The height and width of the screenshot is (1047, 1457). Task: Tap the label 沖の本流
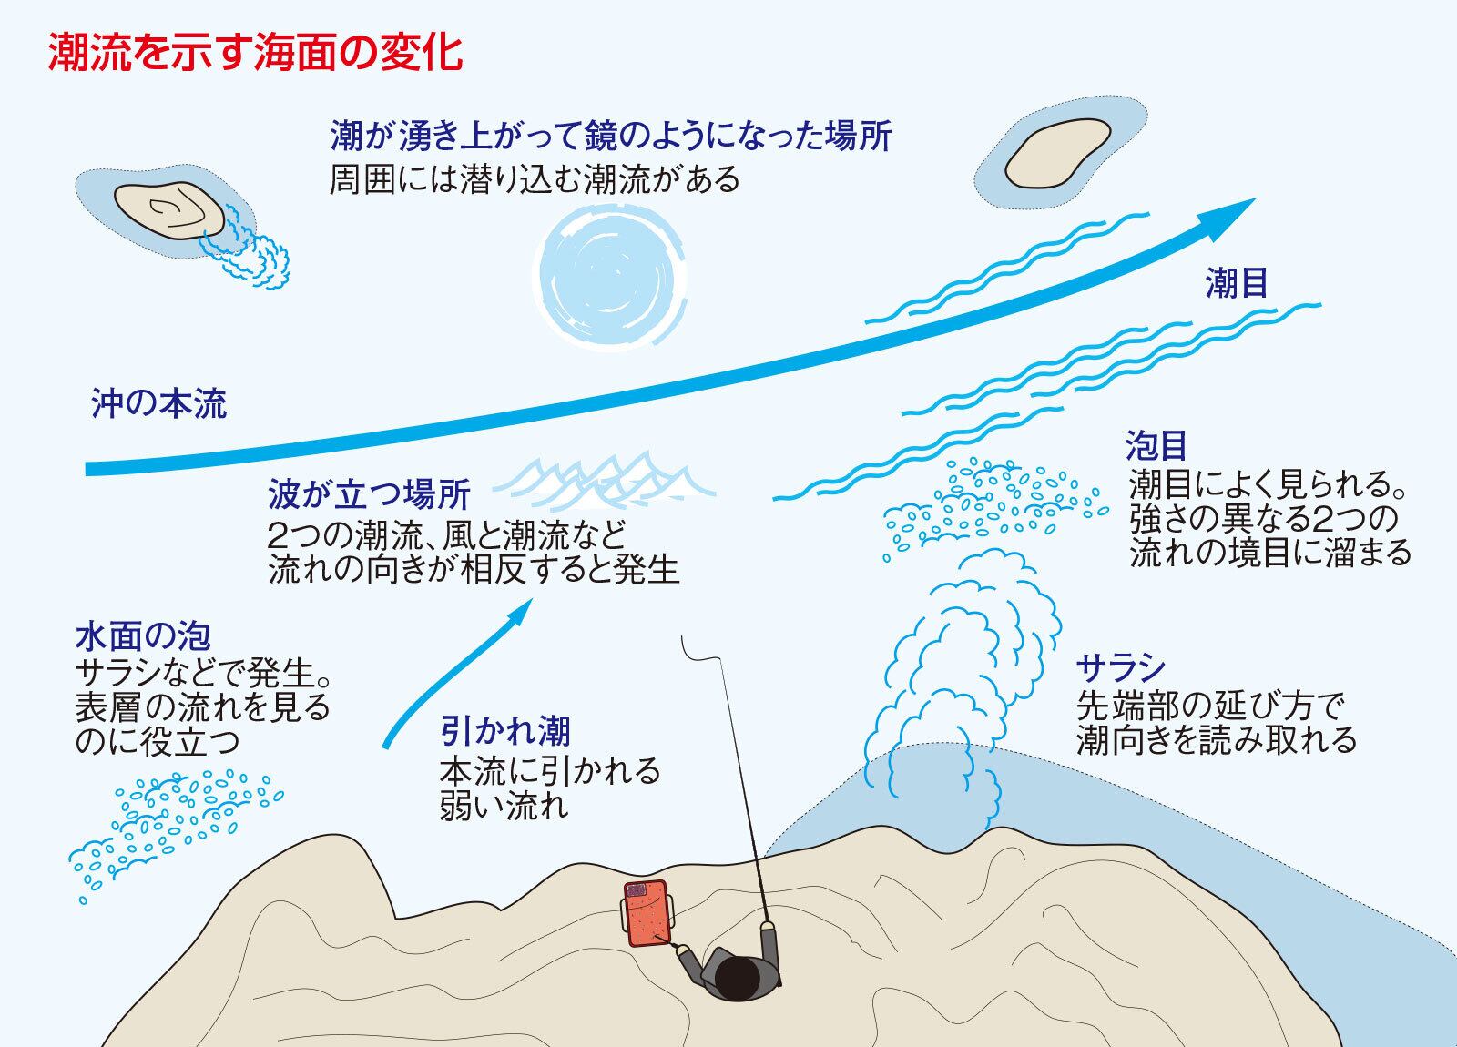159,403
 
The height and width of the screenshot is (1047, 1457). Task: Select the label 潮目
1236,285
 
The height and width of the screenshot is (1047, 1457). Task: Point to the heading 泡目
1156,445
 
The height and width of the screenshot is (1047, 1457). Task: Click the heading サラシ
1120,669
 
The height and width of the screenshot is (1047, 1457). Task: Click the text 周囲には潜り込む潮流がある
535,179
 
